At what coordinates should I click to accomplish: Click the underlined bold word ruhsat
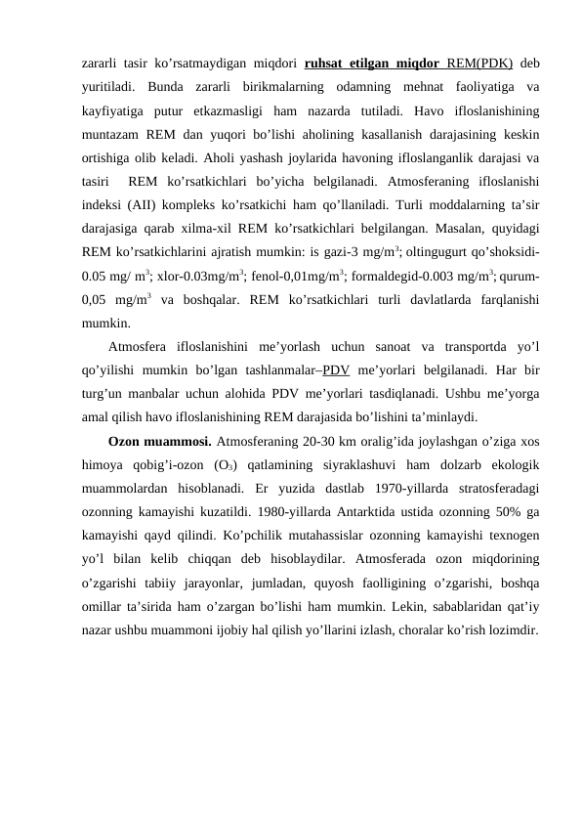pyautogui.click(x=328, y=65)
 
